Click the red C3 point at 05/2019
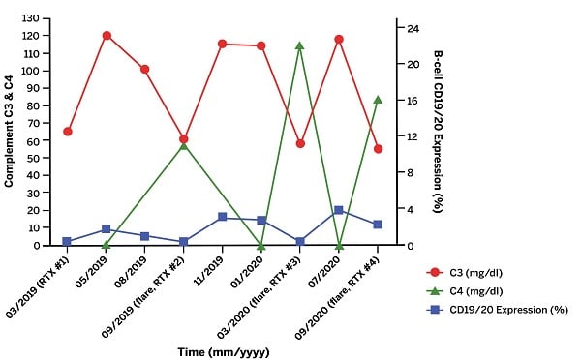pyautogui.click(x=107, y=36)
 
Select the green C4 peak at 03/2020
pyautogui.click(x=300, y=45)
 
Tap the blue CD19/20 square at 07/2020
pyautogui.click(x=339, y=210)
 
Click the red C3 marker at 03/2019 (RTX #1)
pyautogui.click(x=67, y=132)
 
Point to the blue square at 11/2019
pyautogui.click(x=223, y=217)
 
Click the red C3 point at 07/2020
pyautogui.click(x=339, y=40)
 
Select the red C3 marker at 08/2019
pyautogui.click(x=145, y=69)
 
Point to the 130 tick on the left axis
pyautogui.click(x=34, y=19)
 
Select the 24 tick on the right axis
pyautogui.click(x=411, y=28)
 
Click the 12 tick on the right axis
pyautogui.click(x=411, y=136)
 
